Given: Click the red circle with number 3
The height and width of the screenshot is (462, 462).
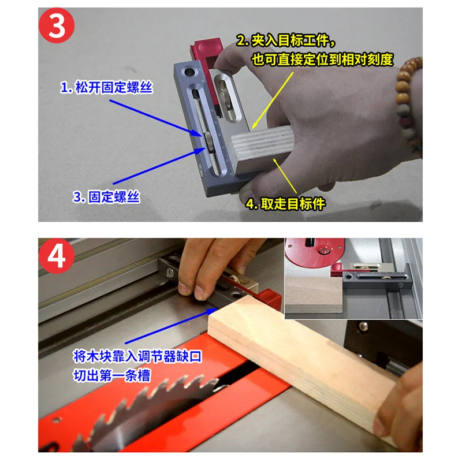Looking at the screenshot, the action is pyautogui.click(x=57, y=25).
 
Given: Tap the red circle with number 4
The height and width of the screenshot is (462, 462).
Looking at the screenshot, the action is pyautogui.click(x=57, y=256).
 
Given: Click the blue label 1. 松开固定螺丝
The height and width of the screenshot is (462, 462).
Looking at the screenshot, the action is pyautogui.click(x=106, y=87).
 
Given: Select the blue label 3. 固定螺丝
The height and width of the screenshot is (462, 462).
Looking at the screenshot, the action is pyautogui.click(x=106, y=197).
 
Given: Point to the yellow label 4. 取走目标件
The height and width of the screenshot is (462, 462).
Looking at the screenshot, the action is pyautogui.click(x=285, y=204).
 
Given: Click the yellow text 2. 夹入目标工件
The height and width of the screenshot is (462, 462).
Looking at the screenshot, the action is pyautogui.click(x=286, y=40).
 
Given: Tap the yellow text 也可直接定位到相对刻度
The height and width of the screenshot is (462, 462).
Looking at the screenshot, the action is pyautogui.click(x=323, y=59).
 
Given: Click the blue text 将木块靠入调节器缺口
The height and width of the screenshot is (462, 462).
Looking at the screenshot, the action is pyautogui.click(x=137, y=356).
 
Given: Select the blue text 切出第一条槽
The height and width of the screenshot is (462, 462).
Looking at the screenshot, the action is pyautogui.click(x=112, y=375).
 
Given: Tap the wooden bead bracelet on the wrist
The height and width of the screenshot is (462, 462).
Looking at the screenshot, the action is pyautogui.click(x=408, y=100).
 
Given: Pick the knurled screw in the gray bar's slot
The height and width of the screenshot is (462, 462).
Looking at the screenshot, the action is pyautogui.click(x=208, y=142).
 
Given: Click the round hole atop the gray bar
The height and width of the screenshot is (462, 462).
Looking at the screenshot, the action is pyautogui.click(x=189, y=72).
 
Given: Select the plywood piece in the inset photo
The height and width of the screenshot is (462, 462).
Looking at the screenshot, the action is pyautogui.click(x=314, y=295).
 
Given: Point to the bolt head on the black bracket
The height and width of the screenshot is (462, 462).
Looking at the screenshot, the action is pyautogui.click(x=364, y=326).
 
